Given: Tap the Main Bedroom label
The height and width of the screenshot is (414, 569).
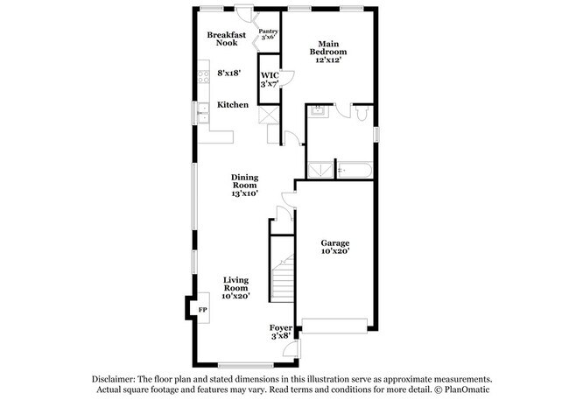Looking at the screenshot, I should (328, 47).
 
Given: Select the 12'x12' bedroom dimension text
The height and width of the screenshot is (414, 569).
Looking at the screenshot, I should (328, 60).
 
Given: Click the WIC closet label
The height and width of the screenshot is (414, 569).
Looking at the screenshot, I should (269, 75).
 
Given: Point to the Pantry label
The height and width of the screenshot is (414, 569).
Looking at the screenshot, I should (268, 32).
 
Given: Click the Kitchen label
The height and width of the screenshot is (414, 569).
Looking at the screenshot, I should (233, 105).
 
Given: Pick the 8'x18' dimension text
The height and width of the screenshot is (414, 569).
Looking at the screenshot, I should (230, 73).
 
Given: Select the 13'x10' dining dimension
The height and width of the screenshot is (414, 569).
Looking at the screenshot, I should (244, 193).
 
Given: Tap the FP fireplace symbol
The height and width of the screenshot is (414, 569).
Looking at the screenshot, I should (200, 310).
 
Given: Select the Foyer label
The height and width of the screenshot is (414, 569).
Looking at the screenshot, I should (281, 327).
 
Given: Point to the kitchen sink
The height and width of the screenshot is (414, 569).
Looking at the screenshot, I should (202, 109).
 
